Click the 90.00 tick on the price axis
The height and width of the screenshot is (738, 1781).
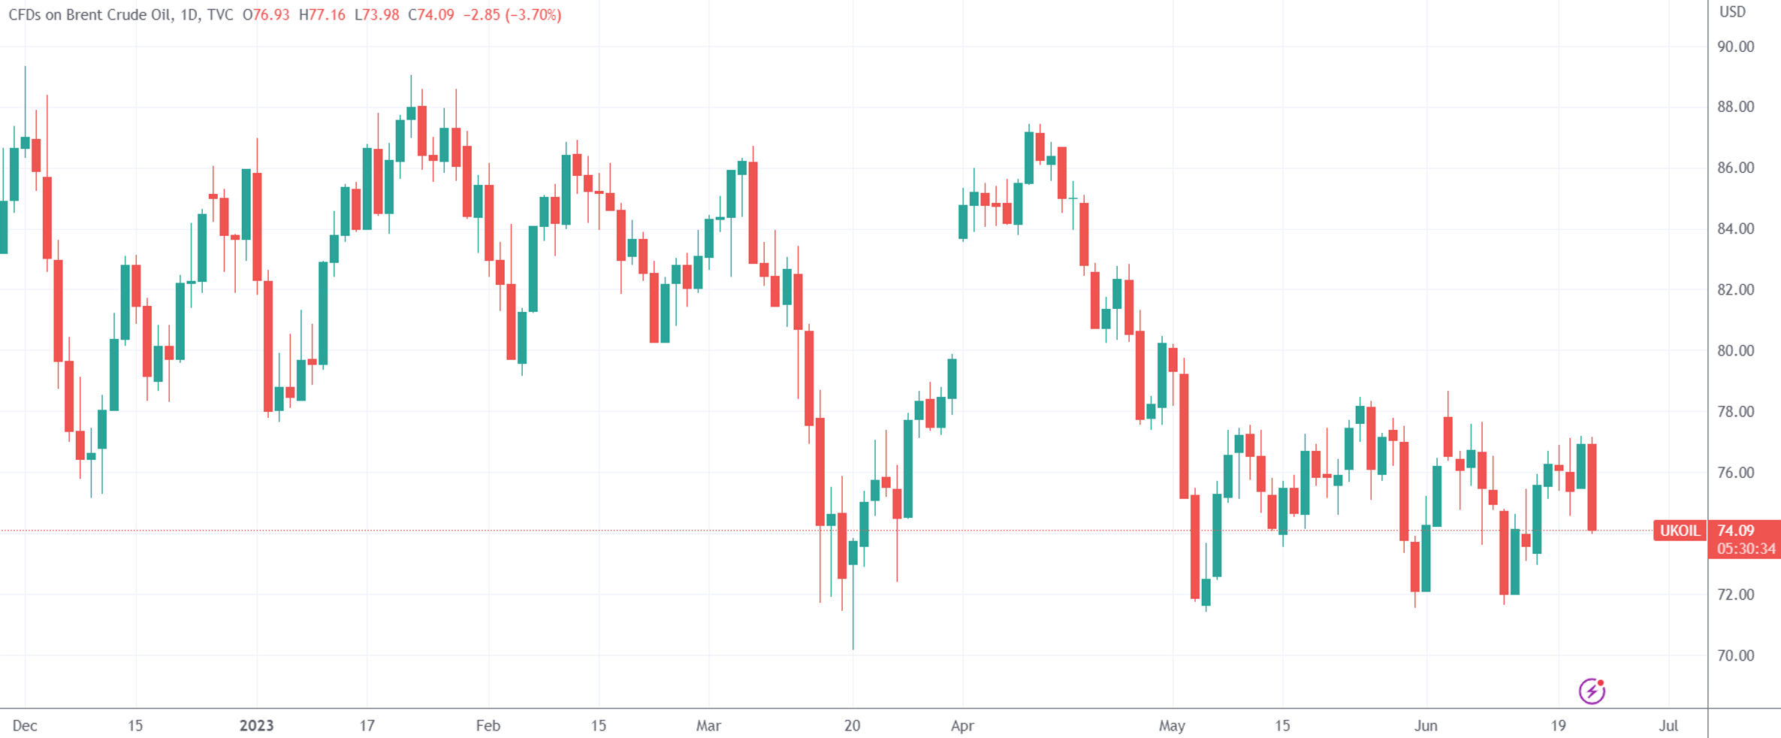point(1735,47)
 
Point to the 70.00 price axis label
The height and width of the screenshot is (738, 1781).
point(1735,655)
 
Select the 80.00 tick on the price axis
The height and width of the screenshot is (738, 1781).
point(1735,351)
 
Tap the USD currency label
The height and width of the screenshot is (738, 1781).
point(1732,12)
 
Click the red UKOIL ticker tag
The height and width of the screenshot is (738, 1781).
point(1680,531)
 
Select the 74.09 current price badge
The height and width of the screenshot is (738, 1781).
point(1736,531)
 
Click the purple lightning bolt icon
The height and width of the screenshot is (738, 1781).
point(1592,691)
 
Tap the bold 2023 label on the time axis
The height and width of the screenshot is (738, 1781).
point(256,726)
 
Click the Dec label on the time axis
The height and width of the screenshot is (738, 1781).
point(25,726)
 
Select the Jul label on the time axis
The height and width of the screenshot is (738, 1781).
point(1668,726)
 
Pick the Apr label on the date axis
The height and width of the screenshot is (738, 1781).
point(962,726)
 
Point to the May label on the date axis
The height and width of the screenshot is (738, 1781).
point(1172,726)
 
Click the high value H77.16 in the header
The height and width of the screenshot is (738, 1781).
point(322,15)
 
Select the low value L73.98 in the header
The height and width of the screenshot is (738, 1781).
point(376,15)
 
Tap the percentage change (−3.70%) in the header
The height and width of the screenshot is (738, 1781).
point(533,15)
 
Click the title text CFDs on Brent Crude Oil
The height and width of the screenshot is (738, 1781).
point(89,15)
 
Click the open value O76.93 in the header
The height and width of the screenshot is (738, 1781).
point(266,15)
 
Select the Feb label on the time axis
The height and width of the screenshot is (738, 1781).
point(488,726)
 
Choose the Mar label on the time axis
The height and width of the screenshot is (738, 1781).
point(708,726)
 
